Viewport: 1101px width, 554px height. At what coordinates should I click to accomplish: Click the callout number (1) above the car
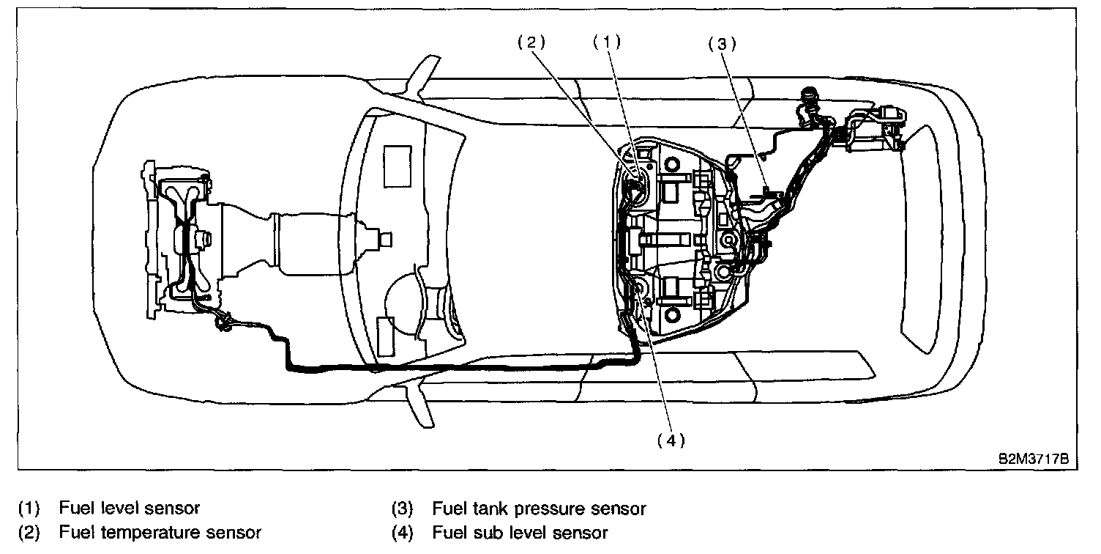coord(606,43)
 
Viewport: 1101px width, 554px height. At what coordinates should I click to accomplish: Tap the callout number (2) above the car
coord(531,43)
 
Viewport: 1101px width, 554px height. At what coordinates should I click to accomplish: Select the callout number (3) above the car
coord(721,43)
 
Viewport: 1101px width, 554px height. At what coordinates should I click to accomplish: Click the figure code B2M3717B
coord(1034,459)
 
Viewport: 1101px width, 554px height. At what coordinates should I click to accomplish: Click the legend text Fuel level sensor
coord(130,508)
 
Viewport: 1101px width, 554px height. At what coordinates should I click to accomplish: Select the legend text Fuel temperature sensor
coord(160,533)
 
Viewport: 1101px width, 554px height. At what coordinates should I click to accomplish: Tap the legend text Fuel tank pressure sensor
coord(539,508)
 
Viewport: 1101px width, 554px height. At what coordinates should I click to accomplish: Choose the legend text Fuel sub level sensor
coord(520,533)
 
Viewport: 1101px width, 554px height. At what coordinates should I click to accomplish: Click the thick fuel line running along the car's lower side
coord(454,364)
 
